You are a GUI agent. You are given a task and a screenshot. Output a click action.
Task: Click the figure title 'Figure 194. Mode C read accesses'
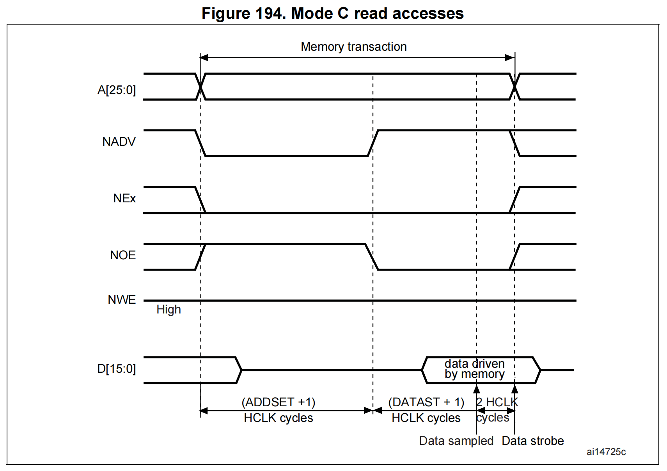coord(332,13)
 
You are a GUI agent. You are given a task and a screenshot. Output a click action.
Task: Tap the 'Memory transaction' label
coord(353,47)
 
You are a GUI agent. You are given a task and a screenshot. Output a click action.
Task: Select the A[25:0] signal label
coord(117,90)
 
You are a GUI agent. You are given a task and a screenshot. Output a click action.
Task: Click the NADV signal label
coord(119,142)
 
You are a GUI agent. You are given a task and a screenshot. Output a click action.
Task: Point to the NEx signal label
coord(124,198)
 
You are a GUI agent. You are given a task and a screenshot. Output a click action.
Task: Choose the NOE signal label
coord(123,255)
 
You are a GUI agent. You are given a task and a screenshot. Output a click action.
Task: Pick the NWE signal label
coord(122,300)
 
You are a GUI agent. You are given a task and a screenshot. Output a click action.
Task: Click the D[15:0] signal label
coord(116,369)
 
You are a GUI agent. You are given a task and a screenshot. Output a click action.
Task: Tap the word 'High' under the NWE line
coord(169,310)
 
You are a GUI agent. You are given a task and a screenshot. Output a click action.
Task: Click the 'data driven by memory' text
coord(474,369)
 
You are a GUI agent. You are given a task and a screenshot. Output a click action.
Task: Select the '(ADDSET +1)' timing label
coord(279,402)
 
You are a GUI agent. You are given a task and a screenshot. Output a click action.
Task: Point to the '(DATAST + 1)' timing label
coord(426,402)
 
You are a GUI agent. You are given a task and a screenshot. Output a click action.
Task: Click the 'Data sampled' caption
coord(456,441)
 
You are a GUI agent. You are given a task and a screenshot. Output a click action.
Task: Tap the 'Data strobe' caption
coord(532,441)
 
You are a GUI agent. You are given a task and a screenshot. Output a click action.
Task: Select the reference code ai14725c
coord(606,452)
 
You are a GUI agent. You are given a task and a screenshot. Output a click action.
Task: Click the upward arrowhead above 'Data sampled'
coord(477,389)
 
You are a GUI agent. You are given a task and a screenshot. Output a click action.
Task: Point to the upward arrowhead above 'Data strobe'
coord(515,389)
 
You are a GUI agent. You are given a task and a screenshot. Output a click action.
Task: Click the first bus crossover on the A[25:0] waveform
coord(200,87)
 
